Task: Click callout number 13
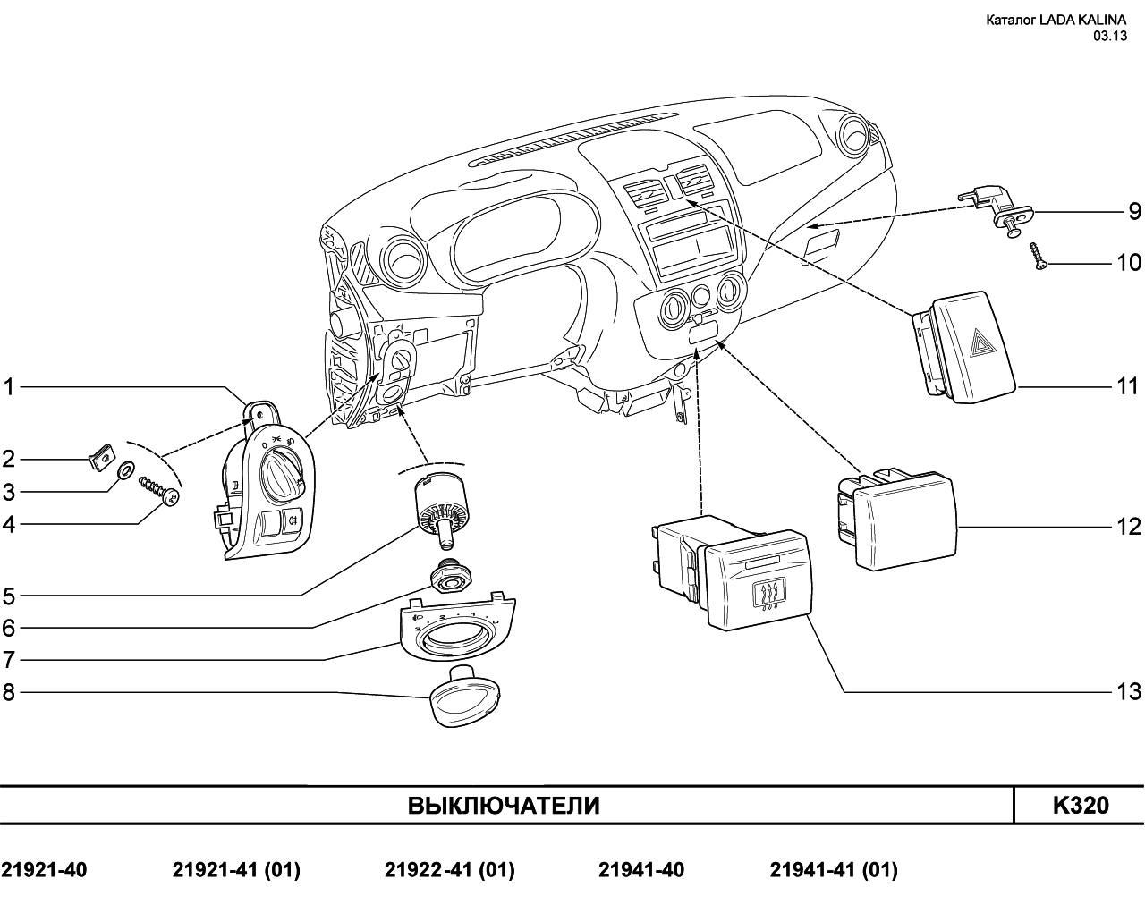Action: tap(1128, 692)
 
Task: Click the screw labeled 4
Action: tap(159, 490)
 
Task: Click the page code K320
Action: tap(1081, 806)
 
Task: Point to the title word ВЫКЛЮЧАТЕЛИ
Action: tap(504, 806)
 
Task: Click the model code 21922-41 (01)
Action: tap(450, 870)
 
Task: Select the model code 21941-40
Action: tap(641, 870)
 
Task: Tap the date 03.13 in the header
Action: tap(1111, 36)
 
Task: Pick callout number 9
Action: tap(1135, 212)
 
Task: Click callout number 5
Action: tap(9, 596)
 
